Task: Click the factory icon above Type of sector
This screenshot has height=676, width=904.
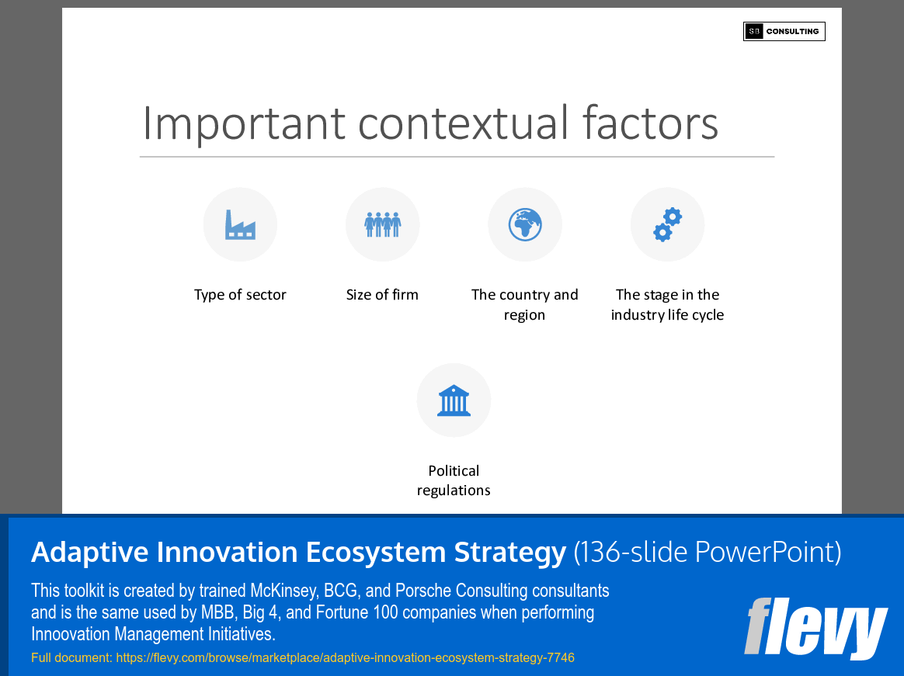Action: tap(240, 225)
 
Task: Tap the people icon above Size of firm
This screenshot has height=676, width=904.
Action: tap(382, 225)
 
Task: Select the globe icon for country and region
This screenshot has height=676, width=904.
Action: tap(525, 225)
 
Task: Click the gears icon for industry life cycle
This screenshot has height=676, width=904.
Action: tap(667, 225)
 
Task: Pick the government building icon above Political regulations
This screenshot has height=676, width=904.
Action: tap(454, 400)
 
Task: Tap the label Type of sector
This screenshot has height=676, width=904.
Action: tap(240, 295)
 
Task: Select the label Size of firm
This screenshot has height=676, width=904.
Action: tap(382, 295)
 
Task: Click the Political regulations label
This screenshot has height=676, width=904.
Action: tap(454, 480)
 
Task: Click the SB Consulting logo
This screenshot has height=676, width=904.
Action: tap(784, 31)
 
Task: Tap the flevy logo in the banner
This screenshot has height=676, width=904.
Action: tap(815, 628)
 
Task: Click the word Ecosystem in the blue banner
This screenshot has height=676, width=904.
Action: tap(371, 553)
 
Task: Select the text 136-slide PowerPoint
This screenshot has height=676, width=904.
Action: tap(708, 553)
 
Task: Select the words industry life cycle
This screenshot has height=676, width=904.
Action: tap(667, 315)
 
